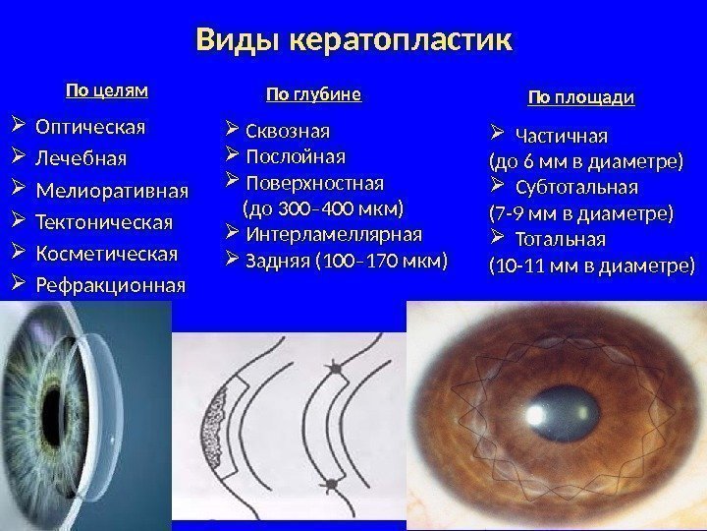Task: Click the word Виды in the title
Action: (235, 41)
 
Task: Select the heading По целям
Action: (106, 91)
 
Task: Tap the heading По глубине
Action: (314, 94)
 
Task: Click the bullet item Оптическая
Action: (90, 127)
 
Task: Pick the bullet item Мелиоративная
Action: (111, 189)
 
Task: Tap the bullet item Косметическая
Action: (107, 254)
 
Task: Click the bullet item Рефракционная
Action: (110, 286)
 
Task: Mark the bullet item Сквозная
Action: (288, 131)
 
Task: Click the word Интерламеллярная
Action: (333, 234)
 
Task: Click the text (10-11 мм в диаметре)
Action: (591, 265)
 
